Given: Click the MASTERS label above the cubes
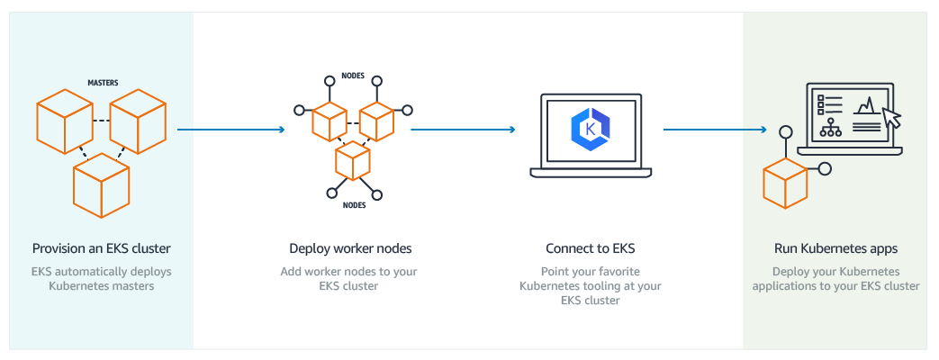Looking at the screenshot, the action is click(103, 83).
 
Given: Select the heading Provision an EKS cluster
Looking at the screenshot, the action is click(101, 248).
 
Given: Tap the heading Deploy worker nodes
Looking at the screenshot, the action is click(350, 248).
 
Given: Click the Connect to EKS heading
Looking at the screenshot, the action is click(590, 248).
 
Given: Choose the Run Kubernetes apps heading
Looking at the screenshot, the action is click(835, 248).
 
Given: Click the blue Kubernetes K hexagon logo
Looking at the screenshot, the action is click(590, 129).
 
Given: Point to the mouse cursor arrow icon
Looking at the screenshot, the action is click(891, 117).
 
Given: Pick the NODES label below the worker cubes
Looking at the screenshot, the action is click(354, 205).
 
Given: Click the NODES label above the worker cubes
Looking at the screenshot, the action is click(353, 76).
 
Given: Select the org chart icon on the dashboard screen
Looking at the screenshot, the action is click(831, 128).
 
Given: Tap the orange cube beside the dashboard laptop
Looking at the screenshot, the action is click(784, 184).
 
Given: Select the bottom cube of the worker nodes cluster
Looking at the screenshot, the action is click(353, 160).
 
